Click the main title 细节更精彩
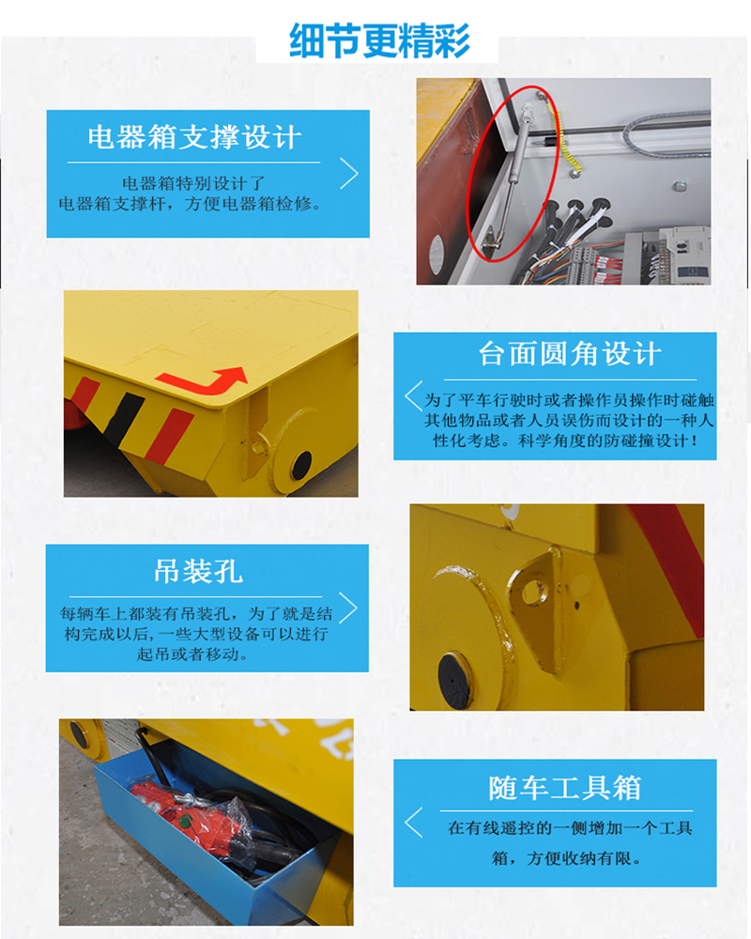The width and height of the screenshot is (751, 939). [379, 40]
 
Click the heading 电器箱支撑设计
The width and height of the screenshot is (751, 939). [194, 137]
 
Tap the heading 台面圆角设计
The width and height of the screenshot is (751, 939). [570, 353]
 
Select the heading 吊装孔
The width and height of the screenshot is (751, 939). [198, 571]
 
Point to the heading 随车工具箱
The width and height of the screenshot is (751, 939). [565, 788]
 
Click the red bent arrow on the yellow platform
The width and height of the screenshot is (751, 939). [207, 382]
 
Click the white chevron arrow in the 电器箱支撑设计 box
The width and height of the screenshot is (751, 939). [349, 174]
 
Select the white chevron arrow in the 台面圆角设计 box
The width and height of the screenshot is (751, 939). [413, 396]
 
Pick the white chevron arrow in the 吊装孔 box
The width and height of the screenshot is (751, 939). [348, 608]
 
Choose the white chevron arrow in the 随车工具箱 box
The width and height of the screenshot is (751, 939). [413, 823]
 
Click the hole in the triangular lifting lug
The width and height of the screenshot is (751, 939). [532, 591]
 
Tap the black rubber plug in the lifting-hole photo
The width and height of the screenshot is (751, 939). [455, 679]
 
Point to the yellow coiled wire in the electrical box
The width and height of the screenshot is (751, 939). [563, 138]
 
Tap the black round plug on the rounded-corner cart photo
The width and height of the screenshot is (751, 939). [301, 466]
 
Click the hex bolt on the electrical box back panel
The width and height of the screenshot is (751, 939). [680, 186]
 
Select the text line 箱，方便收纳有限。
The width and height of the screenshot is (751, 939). [567, 858]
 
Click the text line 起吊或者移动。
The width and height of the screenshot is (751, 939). [192, 654]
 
